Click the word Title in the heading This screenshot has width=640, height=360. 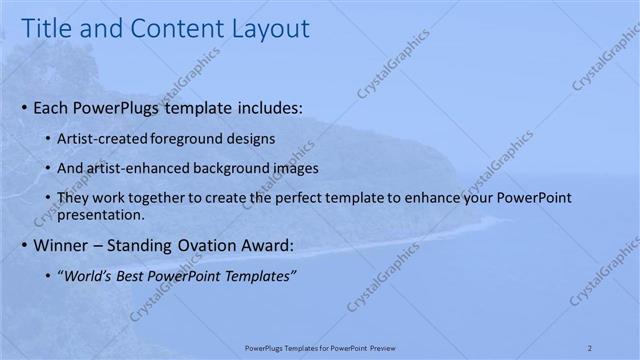[x=47, y=29]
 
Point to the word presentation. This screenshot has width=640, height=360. [x=102, y=214]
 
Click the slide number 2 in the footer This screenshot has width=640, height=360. [x=590, y=347]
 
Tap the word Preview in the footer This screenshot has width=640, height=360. [x=380, y=347]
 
